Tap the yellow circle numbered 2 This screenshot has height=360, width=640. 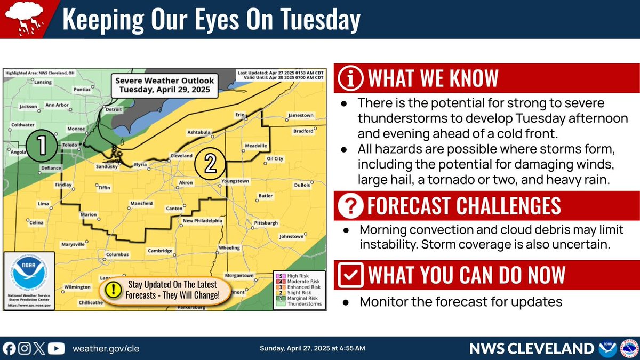210,163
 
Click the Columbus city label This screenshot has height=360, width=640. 117,254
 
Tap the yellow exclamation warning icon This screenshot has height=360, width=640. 113,289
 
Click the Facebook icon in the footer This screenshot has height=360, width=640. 9,349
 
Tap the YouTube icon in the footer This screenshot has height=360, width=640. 56,349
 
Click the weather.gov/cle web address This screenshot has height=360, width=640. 101,349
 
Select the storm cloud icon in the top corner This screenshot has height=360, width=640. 22,19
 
